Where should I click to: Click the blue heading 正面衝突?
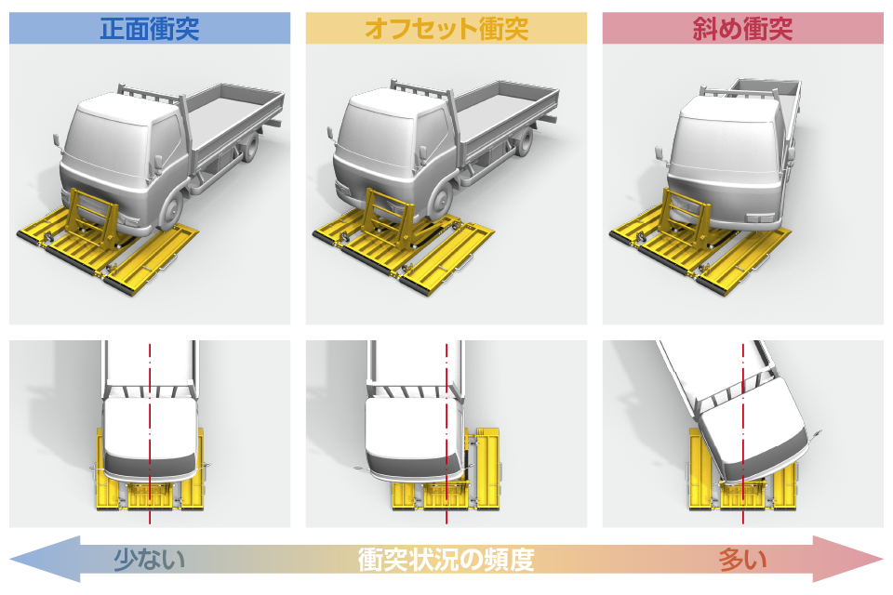pyautogui.click(x=149, y=29)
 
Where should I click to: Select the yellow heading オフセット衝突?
pyautogui.click(x=446, y=29)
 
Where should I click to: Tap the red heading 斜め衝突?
pyautogui.click(x=742, y=29)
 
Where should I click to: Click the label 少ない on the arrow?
pyautogui.click(x=149, y=559)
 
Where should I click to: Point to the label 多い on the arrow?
pyautogui.click(x=742, y=559)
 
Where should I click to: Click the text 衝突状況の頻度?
pyautogui.click(x=446, y=559)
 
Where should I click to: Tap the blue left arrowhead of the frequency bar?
pyautogui.click(x=46, y=559)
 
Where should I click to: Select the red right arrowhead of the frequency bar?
pyautogui.click(x=848, y=559)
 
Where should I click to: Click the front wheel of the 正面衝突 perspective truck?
pyautogui.click(x=170, y=209)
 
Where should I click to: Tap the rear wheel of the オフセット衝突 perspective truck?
pyautogui.click(x=525, y=141)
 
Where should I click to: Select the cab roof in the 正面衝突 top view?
pyautogui.click(x=150, y=427)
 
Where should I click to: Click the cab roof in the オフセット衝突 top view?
pyautogui.click(x=411, y=427)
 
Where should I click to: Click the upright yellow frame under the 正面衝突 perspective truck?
pyautogui.click(x=91, y=218)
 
